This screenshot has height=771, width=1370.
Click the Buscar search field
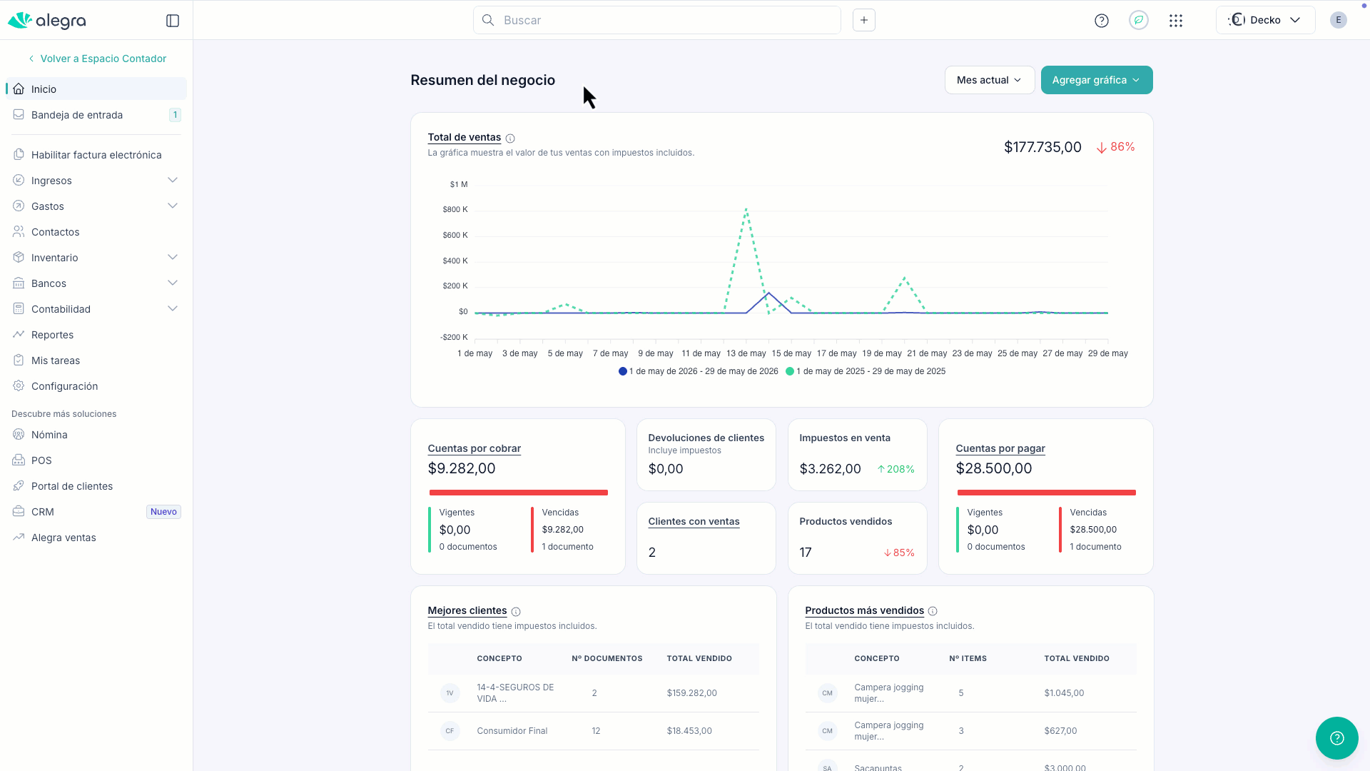coord(656,20)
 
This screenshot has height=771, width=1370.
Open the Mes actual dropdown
coord(989,80)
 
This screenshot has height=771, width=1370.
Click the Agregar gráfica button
coord(1096,80)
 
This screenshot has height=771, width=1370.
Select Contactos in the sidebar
coord(55,232)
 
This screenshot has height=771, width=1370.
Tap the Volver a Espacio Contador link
coord(103,59)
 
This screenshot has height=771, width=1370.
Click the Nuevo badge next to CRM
coord(163,512)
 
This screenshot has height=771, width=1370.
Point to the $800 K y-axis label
coord(455,209)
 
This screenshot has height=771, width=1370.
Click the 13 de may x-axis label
coord(746,353)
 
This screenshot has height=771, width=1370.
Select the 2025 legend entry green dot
coord(790,371)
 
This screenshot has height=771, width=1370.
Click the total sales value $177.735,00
coord(1042,147)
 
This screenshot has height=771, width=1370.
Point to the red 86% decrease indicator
coord(1115,147)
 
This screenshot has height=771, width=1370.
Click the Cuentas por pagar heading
coord(1000,448)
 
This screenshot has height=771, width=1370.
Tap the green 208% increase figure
coord(895,469)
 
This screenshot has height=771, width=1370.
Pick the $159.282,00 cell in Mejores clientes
coord(691,693)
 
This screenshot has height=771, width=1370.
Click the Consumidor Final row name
coord(512,731)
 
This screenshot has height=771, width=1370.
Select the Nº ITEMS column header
coord(968,658)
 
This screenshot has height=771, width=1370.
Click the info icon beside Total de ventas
coord(510,138)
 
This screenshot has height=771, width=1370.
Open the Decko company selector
coord(1265,20)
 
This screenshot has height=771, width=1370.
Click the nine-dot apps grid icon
coord(1176,21)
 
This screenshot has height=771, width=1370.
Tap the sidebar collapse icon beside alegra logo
coord(173,21)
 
